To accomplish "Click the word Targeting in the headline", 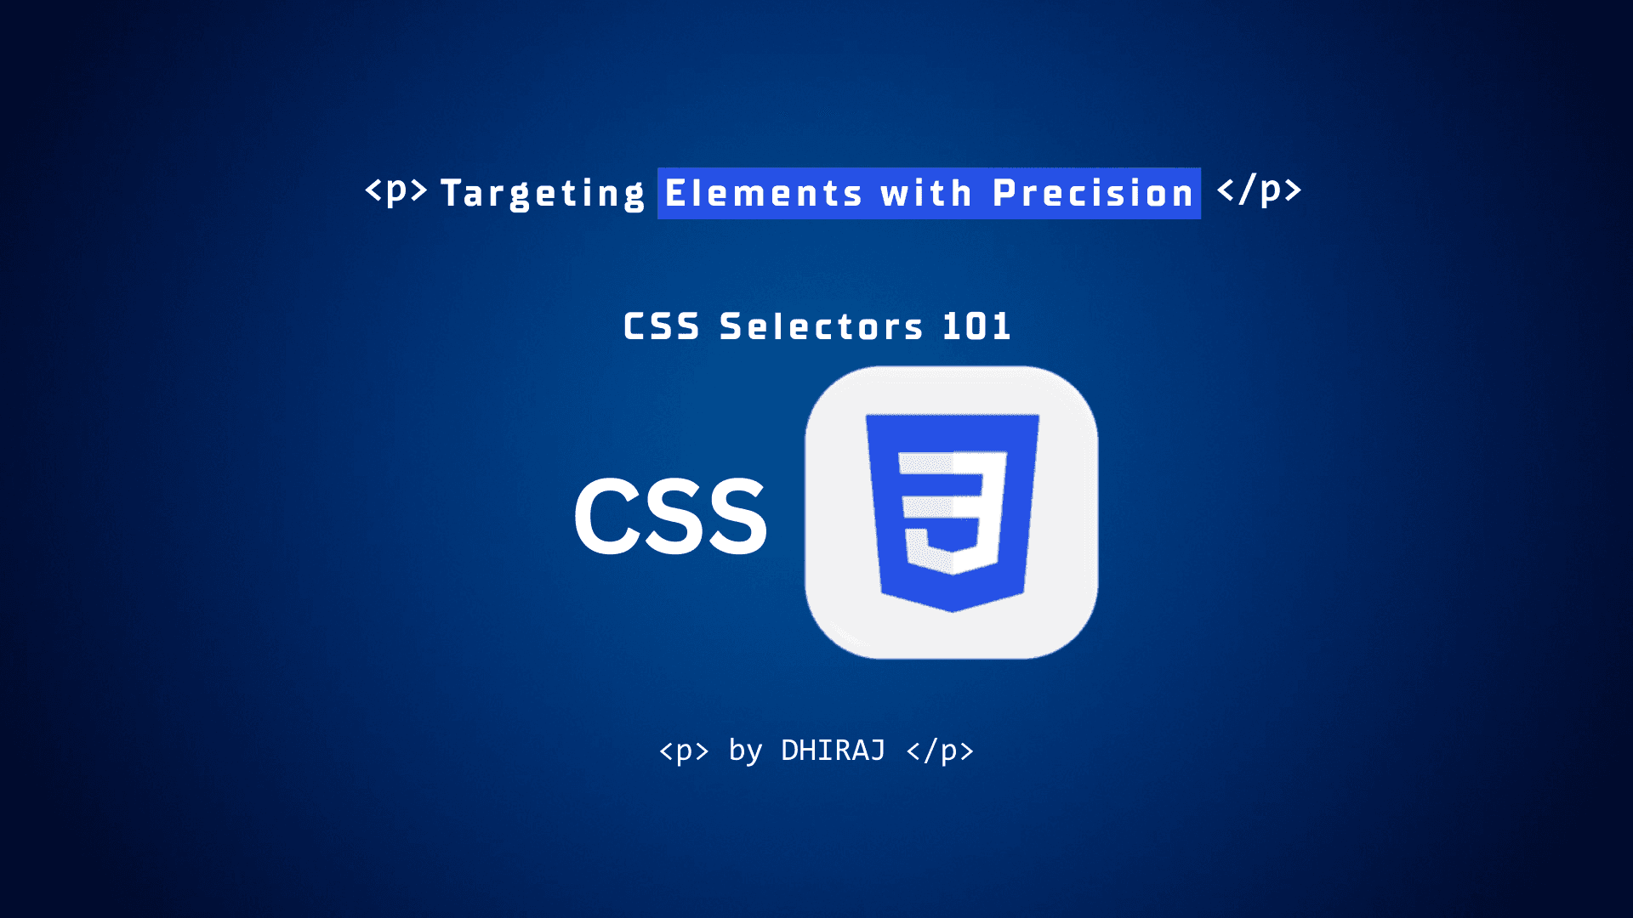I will point(543,194).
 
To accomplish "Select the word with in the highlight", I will point(926,194).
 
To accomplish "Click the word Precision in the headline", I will point(1094,194).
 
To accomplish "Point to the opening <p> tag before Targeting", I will point(396,190).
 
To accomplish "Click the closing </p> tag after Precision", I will point(1259,190).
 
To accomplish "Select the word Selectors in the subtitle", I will point(821,327).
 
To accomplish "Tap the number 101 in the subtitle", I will point(976,326).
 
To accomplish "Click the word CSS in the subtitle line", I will point(662,327).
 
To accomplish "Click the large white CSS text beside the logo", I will point(671,516).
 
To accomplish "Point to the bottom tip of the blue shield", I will point(952,609).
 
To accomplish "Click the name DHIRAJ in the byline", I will point(833,751).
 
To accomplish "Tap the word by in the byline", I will point(745,751).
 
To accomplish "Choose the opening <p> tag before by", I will point(684,751).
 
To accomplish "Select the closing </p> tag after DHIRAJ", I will point(940,751).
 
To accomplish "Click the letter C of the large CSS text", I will point(605,516).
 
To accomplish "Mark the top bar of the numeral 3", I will point(953,463).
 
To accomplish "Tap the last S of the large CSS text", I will point(737,516).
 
